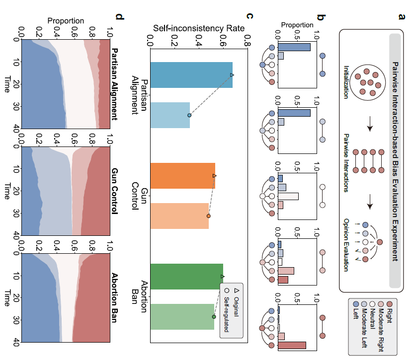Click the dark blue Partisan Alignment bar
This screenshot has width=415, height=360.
click(x=191, y=75)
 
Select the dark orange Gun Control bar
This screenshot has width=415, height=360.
click(x=182, y=176)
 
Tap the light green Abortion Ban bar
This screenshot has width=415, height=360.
click(x=182, y=316)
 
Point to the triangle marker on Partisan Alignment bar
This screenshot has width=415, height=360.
click(x=232, y=75)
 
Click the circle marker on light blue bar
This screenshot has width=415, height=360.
click(x=189, y=115)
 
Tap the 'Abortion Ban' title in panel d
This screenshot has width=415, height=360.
click(x=115, y=298)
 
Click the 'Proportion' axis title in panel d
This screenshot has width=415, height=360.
click(x=66, y=20)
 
